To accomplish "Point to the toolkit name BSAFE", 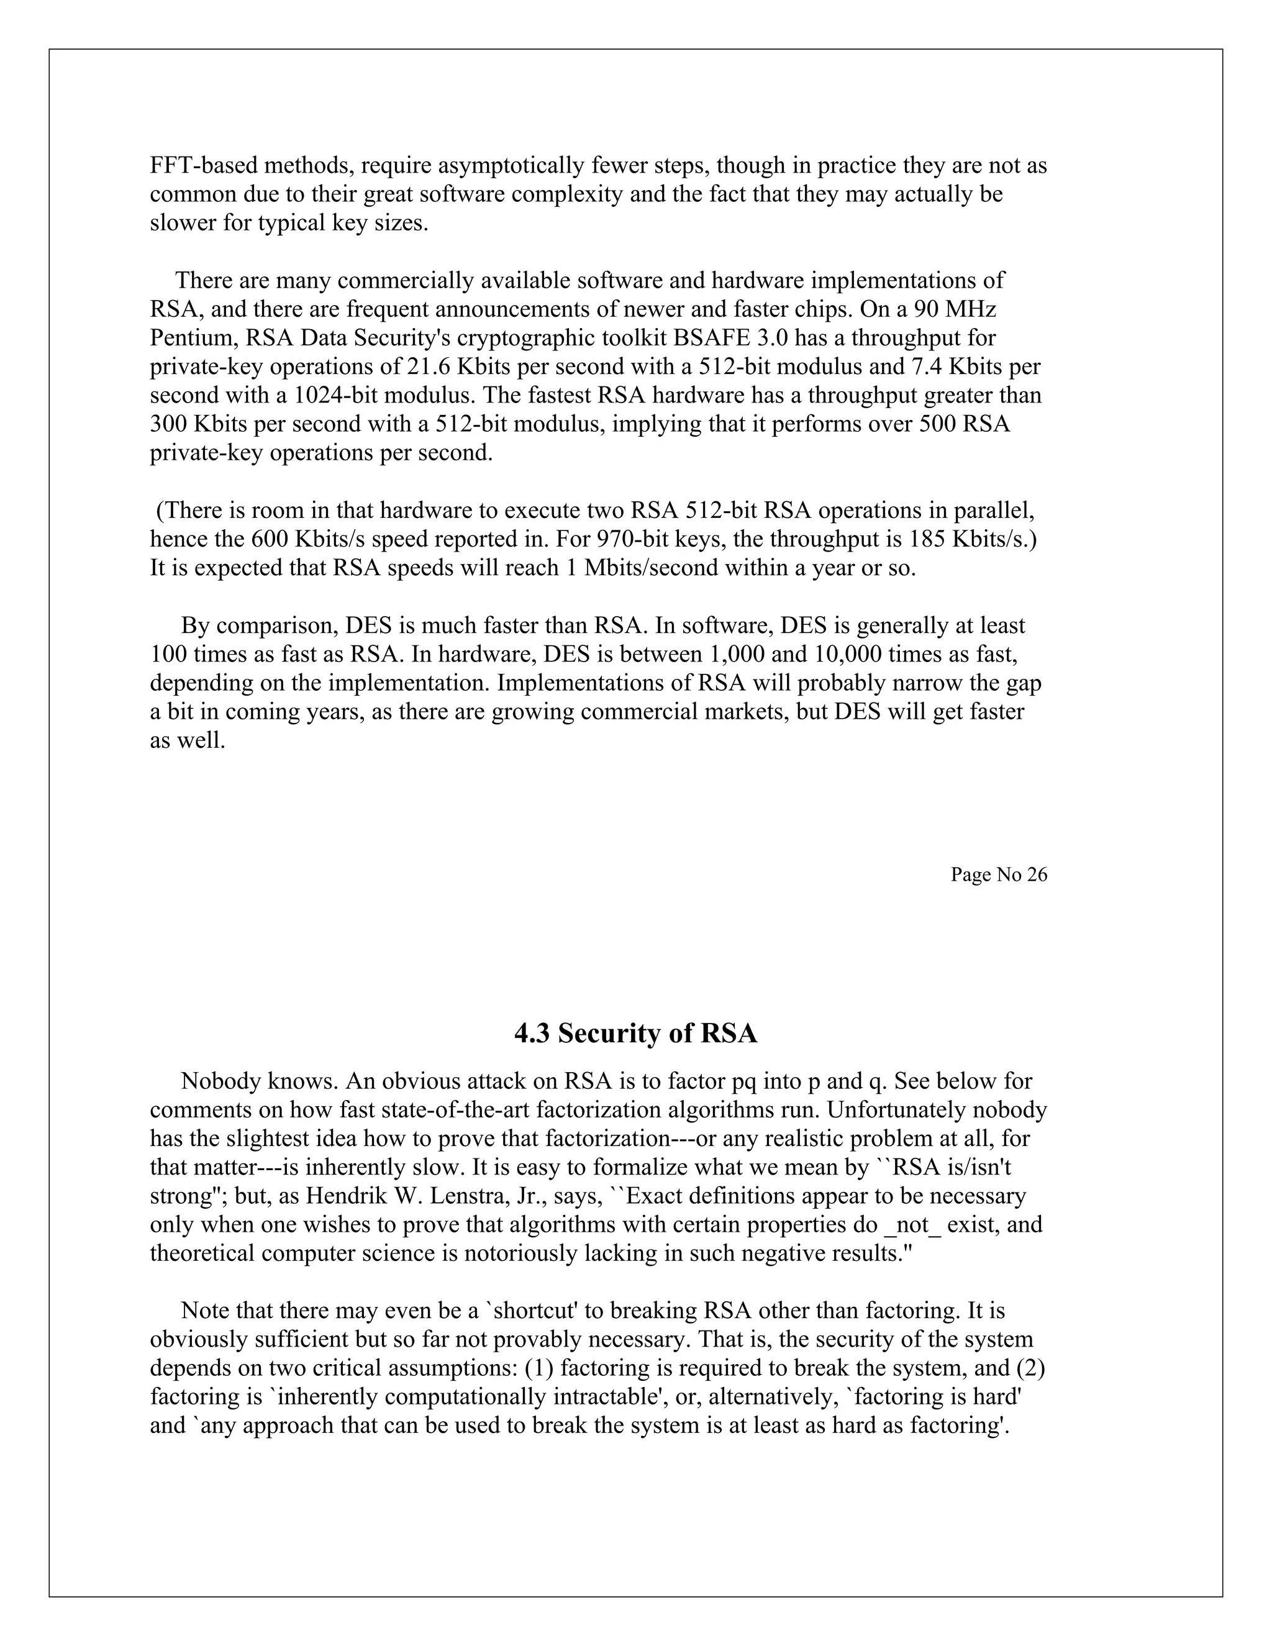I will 708,338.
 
